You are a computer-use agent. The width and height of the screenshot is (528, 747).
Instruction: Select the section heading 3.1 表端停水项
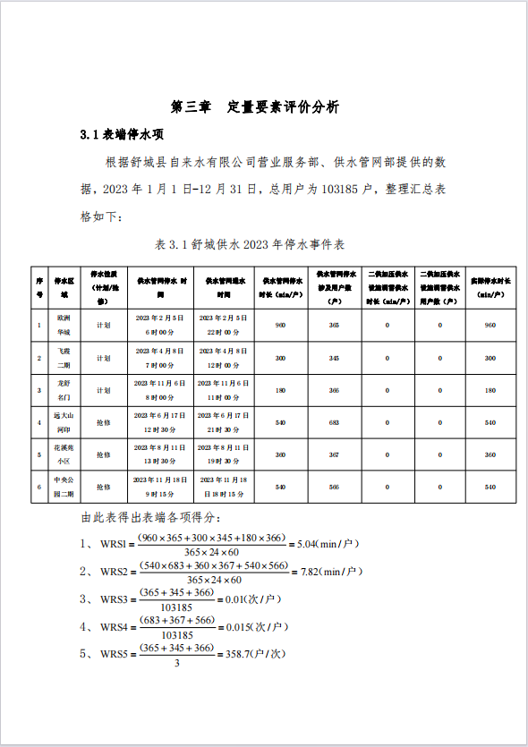point(121,134)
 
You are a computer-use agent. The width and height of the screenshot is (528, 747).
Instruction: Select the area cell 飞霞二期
point(64,358)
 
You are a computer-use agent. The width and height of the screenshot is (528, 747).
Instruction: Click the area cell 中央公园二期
point(64,487)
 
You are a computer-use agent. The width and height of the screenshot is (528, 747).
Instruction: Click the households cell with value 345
point(334,358)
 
